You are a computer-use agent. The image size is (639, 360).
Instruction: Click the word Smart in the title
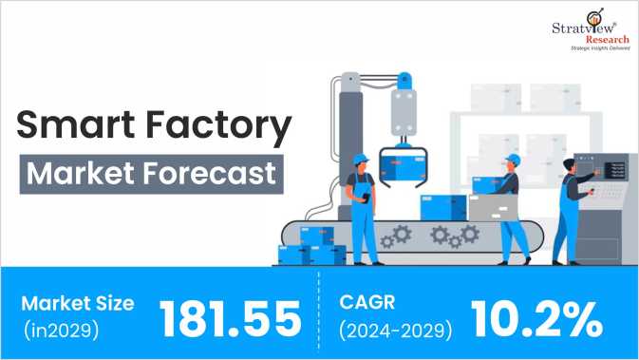click(71, 127)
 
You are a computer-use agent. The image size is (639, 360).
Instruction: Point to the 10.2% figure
click(536, 317)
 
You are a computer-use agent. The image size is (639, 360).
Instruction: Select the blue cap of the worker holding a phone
click(360, 157)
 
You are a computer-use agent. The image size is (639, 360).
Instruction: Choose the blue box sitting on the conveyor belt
click(442, 206)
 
